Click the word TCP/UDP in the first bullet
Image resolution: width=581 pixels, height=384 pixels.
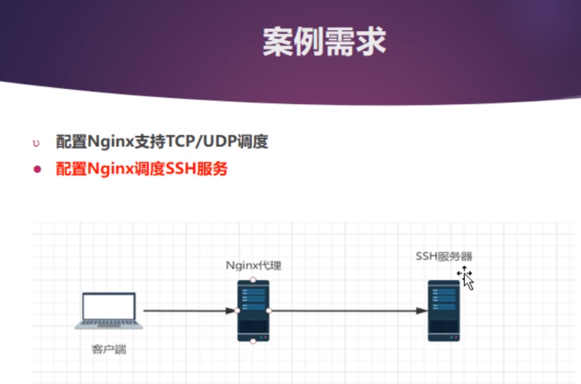pos(205,142)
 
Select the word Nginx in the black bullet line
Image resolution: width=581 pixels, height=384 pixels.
pos(108,142)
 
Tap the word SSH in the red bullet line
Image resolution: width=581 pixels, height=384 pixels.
pos(184,169)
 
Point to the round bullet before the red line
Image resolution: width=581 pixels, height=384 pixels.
pos(36,169)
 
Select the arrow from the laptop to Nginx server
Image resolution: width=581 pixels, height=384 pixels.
pos(189,311)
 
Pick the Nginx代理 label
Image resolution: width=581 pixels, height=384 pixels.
pos(254,266)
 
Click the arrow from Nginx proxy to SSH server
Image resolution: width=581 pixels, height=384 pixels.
pos(348,311)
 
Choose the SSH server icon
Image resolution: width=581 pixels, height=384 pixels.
pos(444,310)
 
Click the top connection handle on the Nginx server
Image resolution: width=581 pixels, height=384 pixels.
pos(254,280)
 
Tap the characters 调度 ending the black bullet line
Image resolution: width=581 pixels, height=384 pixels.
pos(254,142)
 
